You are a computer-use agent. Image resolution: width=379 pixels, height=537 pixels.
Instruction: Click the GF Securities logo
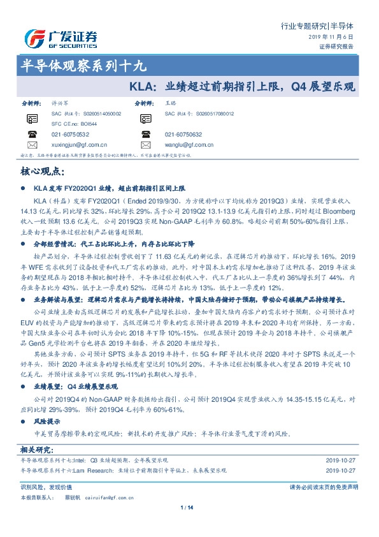pos(61,38)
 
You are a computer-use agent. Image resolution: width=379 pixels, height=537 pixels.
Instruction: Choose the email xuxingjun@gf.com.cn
pos(80,145)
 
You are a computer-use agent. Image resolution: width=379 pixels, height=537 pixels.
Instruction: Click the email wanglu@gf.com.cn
pos(190,145)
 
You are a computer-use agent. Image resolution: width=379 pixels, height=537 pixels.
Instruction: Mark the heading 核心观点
pos(42,171)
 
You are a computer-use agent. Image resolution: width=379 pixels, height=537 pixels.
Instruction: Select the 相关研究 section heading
pos(36,451)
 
